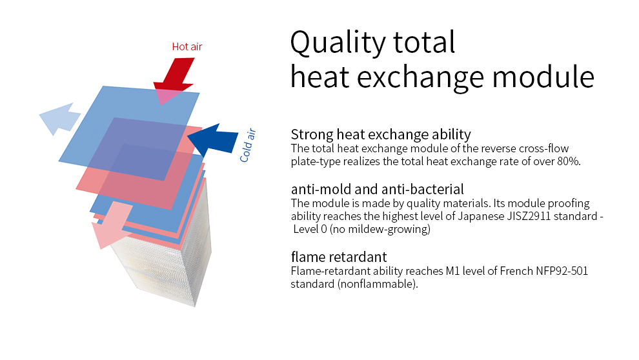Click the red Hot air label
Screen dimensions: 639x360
(187, 47)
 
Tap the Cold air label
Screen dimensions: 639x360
(247, 145)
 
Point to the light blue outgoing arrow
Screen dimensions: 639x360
(60, 119)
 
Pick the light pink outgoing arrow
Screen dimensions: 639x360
(112, 225)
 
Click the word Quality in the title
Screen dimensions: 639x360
(337, 43)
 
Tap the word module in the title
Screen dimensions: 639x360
(543, 77)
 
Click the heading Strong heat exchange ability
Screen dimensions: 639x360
(381, 134)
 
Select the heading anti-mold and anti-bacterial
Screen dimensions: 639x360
(378, 190)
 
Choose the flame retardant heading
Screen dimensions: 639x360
(339, 257)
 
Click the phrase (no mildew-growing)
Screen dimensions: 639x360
(380, 229)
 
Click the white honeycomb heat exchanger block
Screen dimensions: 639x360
(171, 261)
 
